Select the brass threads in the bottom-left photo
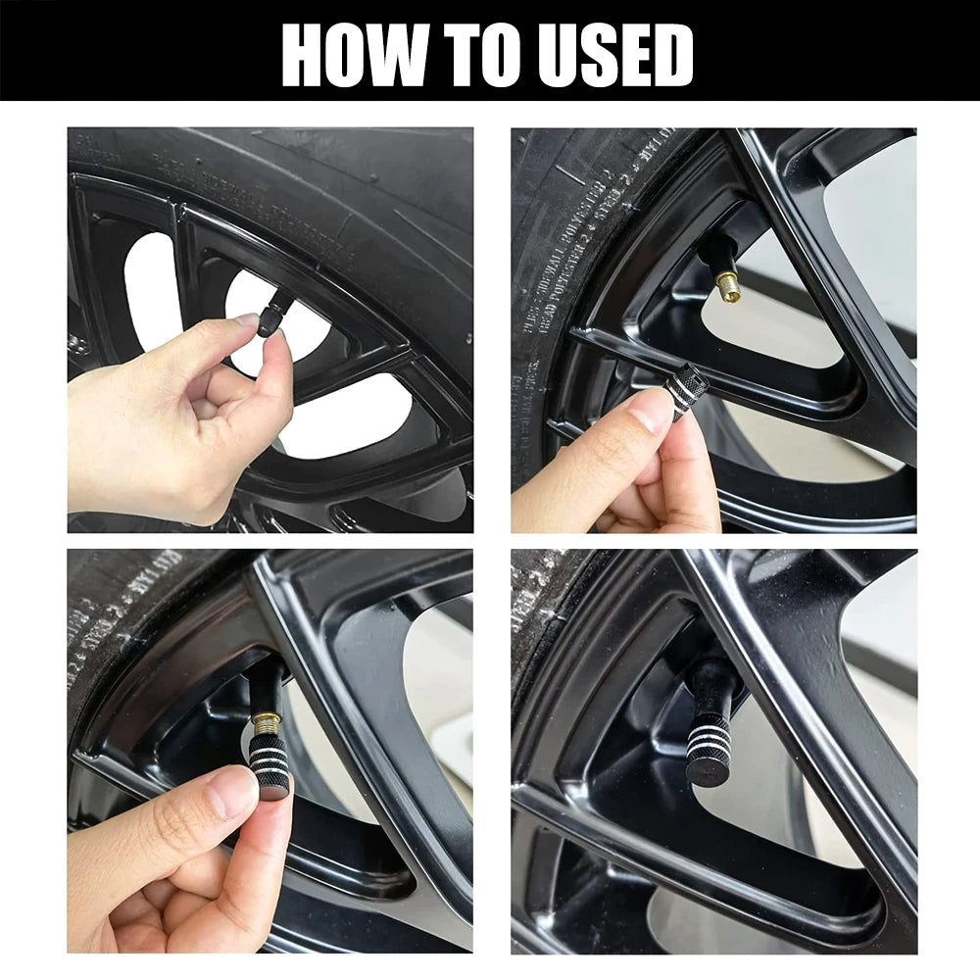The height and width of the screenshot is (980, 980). tap(265, 726)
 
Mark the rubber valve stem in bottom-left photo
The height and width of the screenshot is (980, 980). tap(264, 692)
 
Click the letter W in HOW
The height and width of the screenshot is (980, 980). tap(411, 54)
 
